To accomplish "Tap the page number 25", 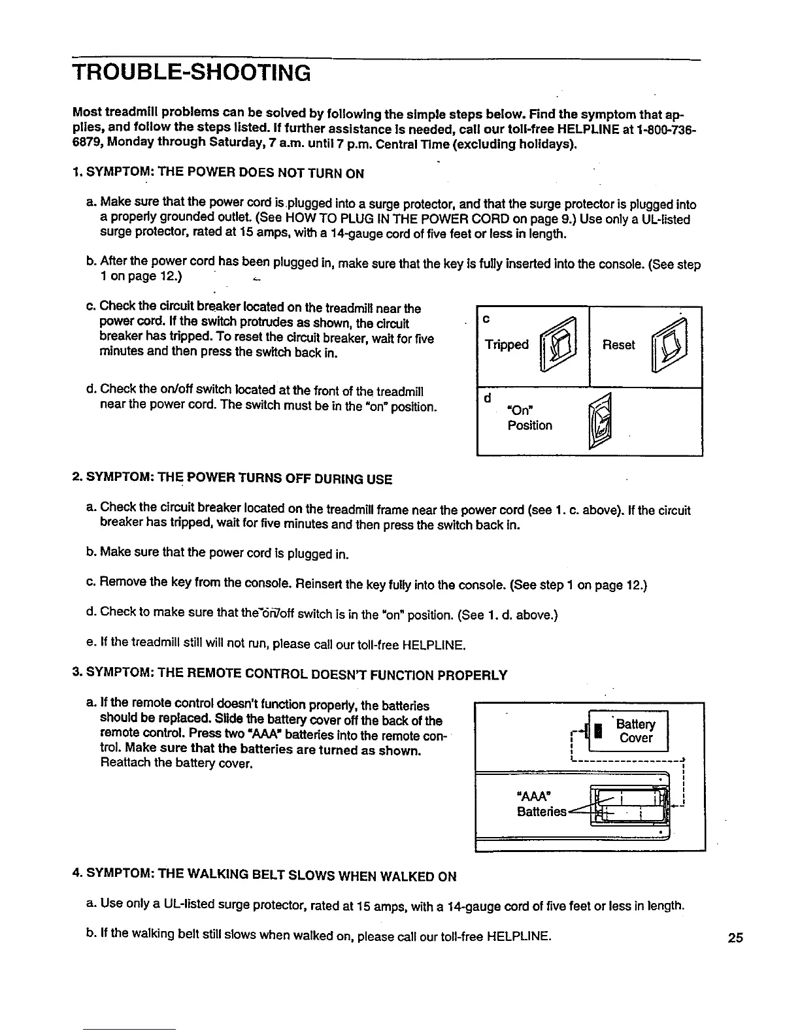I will click(735, 938).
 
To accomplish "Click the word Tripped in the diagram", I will click(507, 344).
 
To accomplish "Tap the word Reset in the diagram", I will click(618, 344).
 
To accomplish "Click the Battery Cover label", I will click(636, 731).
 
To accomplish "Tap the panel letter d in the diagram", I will click(487, 398).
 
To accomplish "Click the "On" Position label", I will click(529, 418).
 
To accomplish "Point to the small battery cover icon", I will click(597, 731).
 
